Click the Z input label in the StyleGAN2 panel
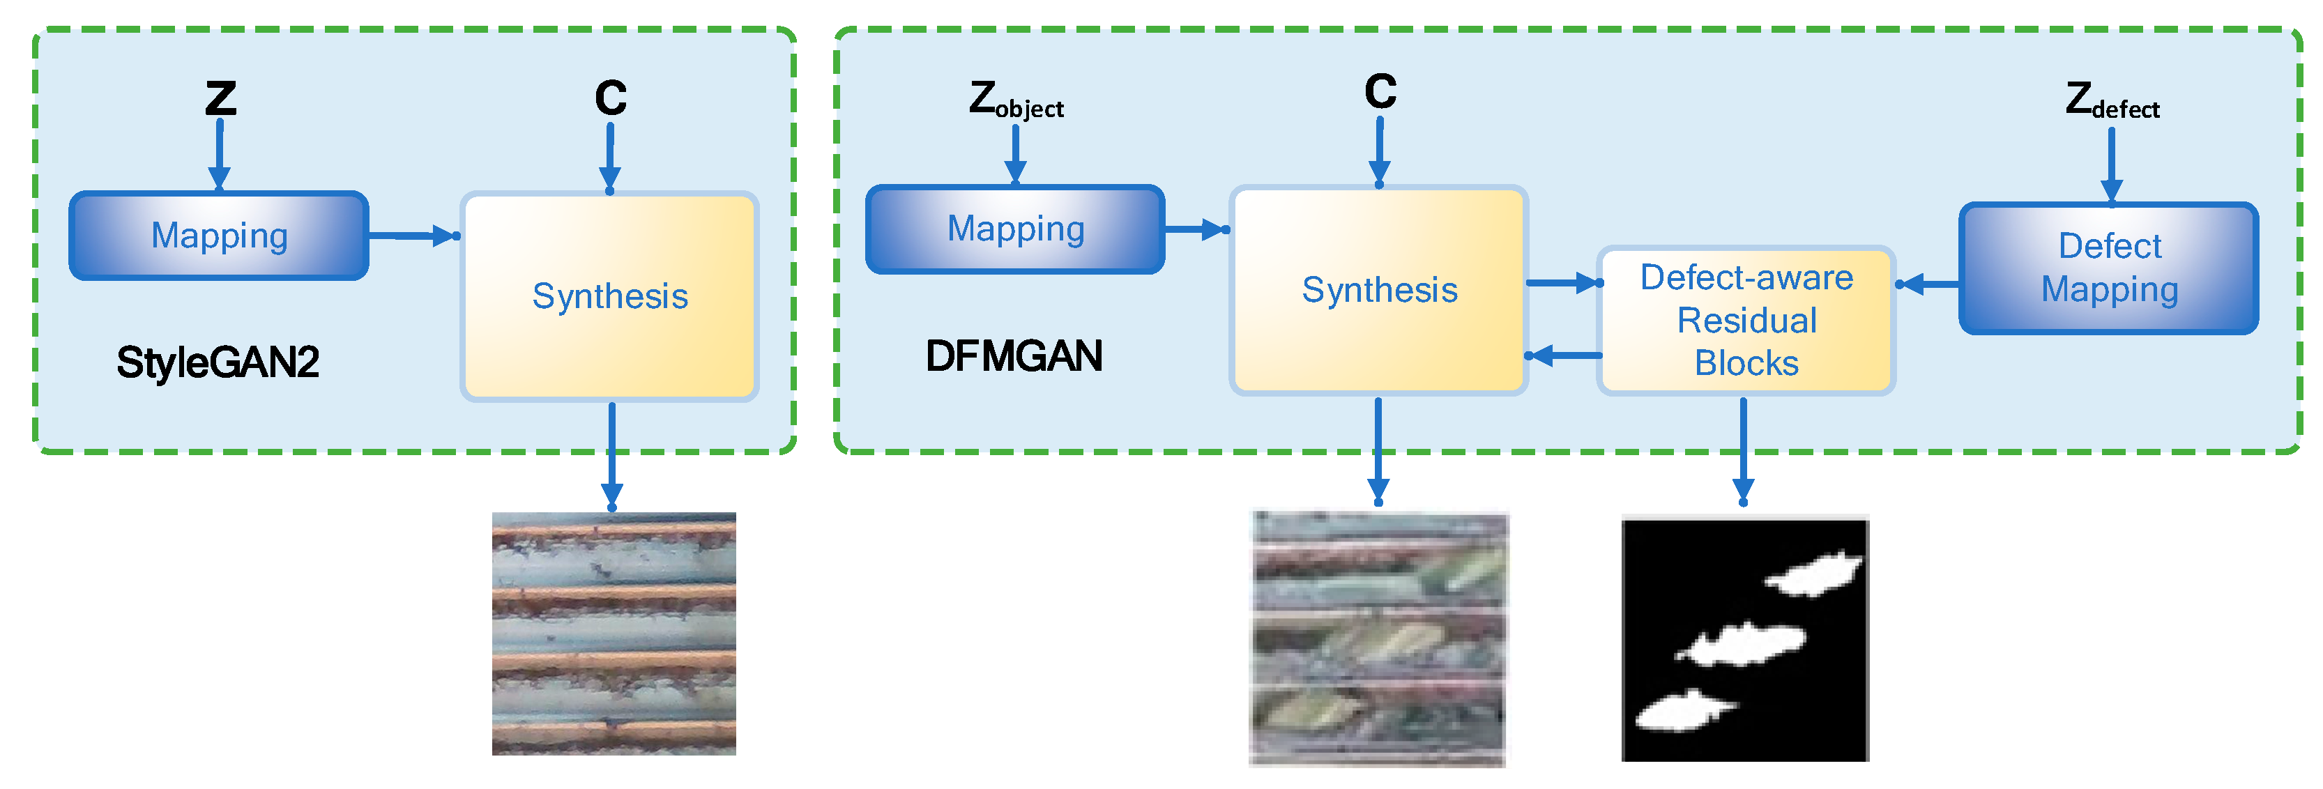point(220,98)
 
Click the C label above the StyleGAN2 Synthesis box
point(611,98)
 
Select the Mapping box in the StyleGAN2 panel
point(219,236)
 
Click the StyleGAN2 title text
point(218,362)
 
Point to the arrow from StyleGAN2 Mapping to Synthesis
point(413,236)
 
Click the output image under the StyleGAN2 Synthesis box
point(614,633)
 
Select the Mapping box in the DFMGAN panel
point(1015,229)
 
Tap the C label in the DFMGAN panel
point(1380,91)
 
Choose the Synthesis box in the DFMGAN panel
point(1379,289)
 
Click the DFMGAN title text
point(1014,356)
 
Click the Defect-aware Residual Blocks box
point(1746,320)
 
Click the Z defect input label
point(2111,101)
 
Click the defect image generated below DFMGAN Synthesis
point(1378,638)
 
